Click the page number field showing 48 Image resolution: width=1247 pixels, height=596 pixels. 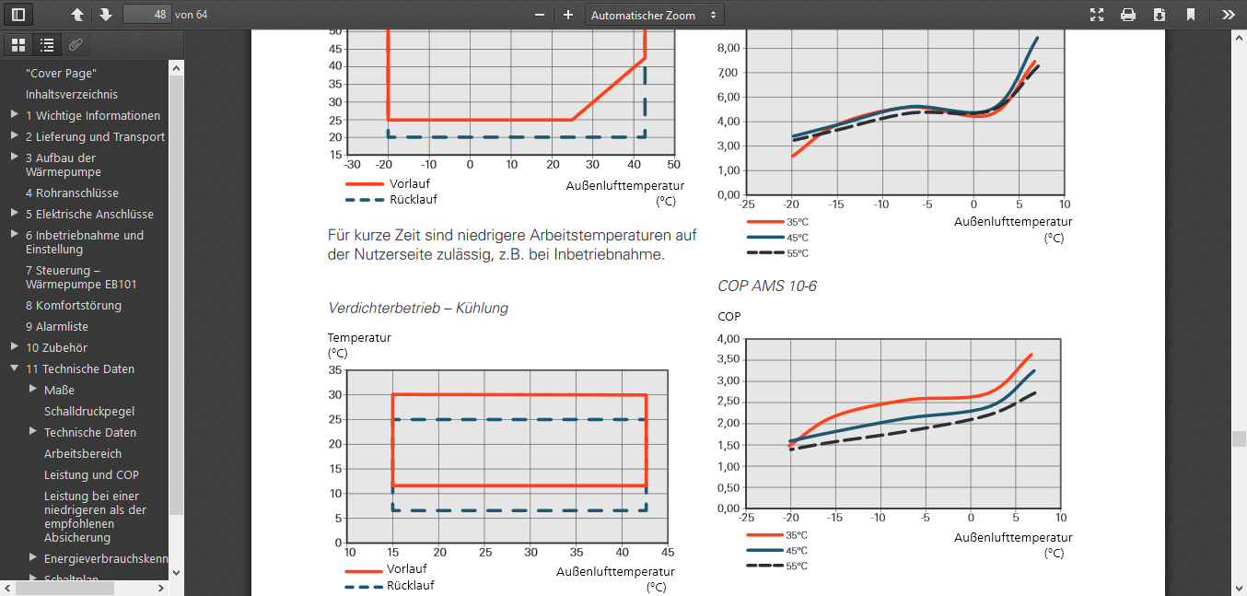tap(146, 15)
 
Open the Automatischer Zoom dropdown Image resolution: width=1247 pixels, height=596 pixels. tap(655, 15)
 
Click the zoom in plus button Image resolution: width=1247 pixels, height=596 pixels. tap(568, 15)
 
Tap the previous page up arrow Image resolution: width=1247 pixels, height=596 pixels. tap(77, 15)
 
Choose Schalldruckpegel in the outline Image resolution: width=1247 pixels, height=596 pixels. tap(89, 411)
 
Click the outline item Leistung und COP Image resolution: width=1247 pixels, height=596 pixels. tap(91, 474)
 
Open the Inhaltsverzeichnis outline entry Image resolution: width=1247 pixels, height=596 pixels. tap(72, 94)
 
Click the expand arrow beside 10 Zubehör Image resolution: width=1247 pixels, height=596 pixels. tap(14, 347)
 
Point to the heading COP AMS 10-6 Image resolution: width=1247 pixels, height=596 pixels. tap(767, 286)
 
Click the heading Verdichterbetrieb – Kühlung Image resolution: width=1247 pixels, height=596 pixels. tap(418, 308)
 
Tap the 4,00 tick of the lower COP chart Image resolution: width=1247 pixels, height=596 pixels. tap(728, 339)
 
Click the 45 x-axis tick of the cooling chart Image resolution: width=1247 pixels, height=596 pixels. tap(667, 553)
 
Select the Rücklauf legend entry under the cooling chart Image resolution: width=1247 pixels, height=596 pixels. tap(410, 585)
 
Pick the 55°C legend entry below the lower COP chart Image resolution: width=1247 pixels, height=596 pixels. tap(797, 566)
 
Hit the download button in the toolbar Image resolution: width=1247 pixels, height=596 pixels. tap(1159, 15)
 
